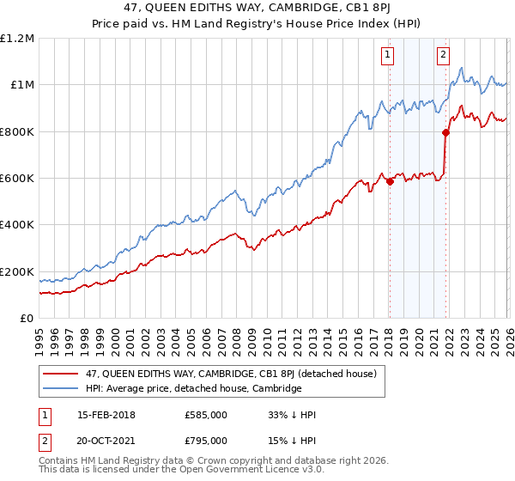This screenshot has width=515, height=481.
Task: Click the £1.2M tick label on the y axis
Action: pos(17,39)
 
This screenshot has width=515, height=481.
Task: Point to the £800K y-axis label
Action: pos(17,132)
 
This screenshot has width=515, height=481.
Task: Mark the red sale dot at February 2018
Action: pos(390,181)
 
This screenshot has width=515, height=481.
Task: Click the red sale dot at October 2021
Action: pos(445,132)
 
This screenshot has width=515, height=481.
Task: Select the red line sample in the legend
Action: pos(62,374)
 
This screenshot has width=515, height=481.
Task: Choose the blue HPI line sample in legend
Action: pos(62,388)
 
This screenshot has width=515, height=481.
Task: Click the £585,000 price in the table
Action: pos(205,415)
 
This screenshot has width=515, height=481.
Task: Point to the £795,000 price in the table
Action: pos(205,440)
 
